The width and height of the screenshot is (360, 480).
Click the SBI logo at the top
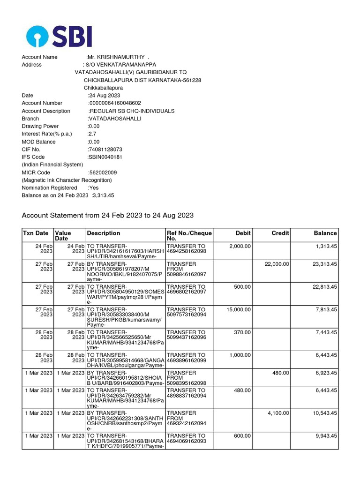pyautogui.click(x=59, y=36)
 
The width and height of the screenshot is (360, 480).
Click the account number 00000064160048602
pyautogui.click(x=115, y=103)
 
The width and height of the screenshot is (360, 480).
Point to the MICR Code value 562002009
pyautogui.click(x=103, y=172)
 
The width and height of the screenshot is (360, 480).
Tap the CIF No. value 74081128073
pyautogui.click(x=105, y=150)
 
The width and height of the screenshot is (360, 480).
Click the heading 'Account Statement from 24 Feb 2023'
pyautogui.click(x=108, y=216)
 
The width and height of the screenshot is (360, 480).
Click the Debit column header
pyautogui.click(x=243, y=233)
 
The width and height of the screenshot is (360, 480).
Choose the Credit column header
pyautogui.click(x=280, y=233)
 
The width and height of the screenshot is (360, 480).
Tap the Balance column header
pyautogui.click(x=325, y=233)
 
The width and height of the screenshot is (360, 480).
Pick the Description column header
pyautogui.click(x=104, y=233)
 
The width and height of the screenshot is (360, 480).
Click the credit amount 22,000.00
pyautogui.click(x=277, y=264)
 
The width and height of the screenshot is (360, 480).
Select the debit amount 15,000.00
pyautogui.click(x=239, y=310)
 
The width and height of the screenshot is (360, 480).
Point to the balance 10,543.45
pyautogui.click(x=322, y=413)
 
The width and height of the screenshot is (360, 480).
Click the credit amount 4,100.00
pyautogui.click(x=278, y=413)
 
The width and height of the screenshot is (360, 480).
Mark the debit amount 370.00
pyautogui.click(x=243, y=332)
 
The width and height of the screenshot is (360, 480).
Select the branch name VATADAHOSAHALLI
pyautogui.click(x=115, y=119)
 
